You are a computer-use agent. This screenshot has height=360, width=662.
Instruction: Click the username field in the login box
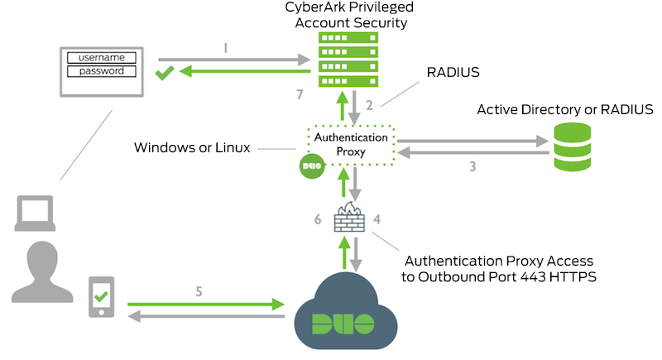pos(101,57)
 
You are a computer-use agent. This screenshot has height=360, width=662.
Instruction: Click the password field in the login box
pos(101,71)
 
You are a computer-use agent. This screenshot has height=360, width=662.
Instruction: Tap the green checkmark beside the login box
pos(165,76)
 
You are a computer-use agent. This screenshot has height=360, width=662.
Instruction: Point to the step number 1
pos(226,48)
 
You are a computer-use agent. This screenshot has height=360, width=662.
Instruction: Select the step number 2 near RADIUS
pos(370,105)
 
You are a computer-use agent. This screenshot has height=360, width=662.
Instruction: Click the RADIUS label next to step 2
pos(453,72)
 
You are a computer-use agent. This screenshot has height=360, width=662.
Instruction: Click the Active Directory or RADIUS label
pos(565,109)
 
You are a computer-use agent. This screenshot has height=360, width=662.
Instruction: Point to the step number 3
pos(472,166)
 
